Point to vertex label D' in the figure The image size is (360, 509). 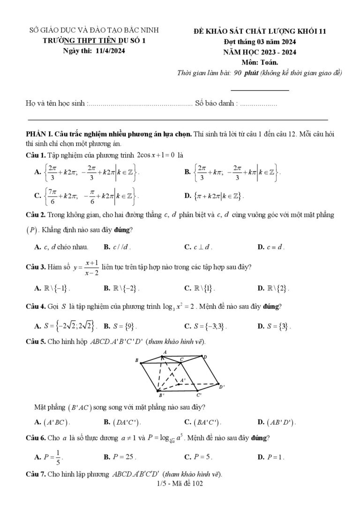222,387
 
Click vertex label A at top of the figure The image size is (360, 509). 165,352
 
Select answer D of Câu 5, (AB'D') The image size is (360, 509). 277,422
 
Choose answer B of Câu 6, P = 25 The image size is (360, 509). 120,457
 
